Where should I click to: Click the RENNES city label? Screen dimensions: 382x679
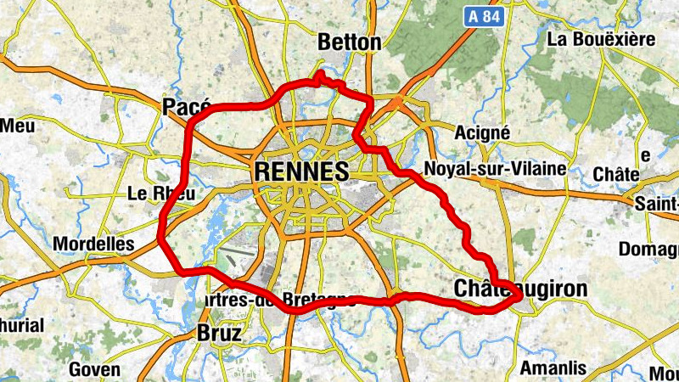point(301,171)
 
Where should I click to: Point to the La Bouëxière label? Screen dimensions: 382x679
point(601,39)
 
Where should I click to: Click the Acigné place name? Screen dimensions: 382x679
point(482,132)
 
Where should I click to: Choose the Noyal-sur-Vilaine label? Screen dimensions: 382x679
point(494,169)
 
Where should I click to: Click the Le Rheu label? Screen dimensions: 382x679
point(160,194)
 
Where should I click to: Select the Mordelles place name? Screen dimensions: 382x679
point(93,244)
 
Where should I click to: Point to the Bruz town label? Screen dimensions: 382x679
point(218,333)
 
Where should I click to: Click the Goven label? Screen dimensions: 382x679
point(94,369)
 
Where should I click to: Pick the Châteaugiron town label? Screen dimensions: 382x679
point(520,289)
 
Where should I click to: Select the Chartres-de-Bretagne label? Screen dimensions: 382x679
point(280,301)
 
